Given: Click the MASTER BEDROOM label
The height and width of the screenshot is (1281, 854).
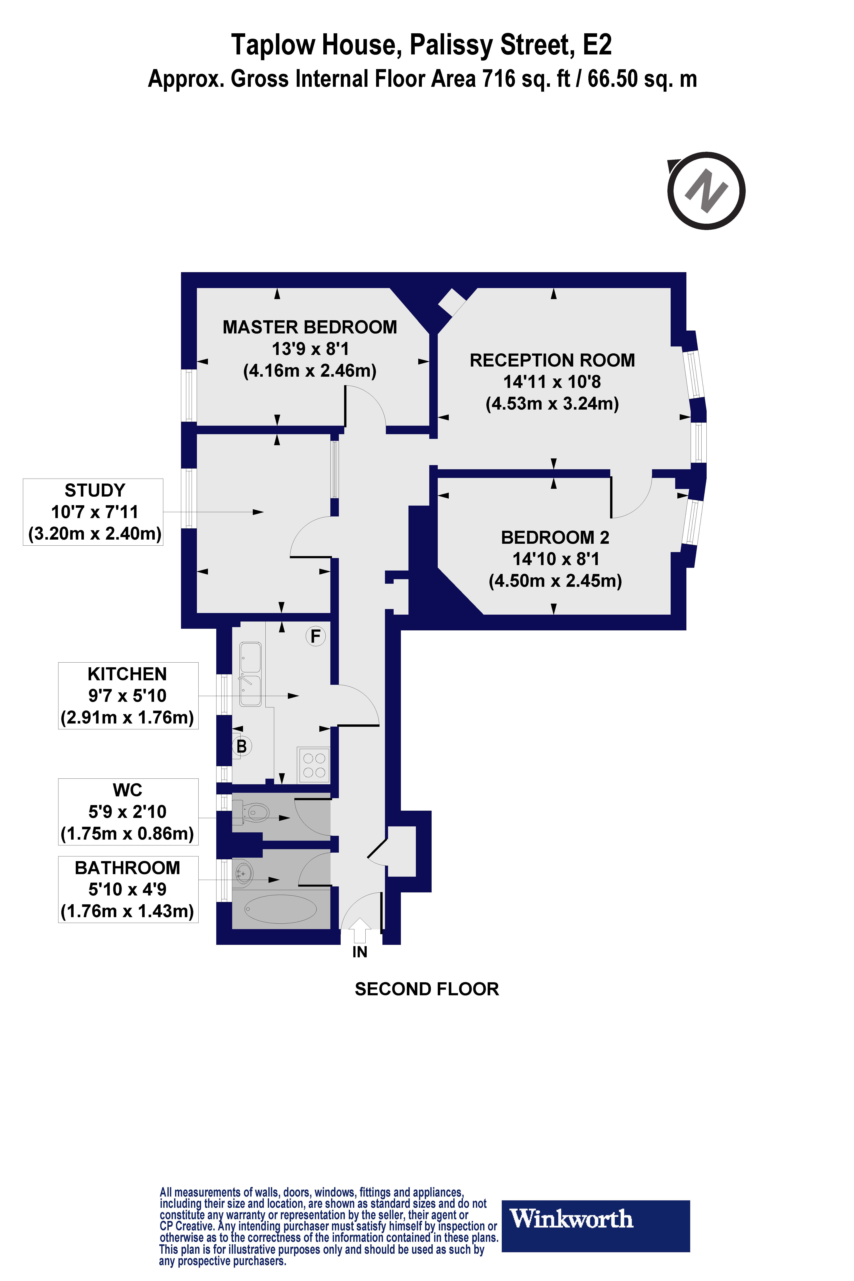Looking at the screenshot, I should pyautogui.click(x=309, y=327).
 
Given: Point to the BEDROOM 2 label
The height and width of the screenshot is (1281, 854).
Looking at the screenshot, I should pyautogui.click(x=554, y=538).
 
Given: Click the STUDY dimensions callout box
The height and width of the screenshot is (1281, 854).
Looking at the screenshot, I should pyautogui.click(x=93, y=512).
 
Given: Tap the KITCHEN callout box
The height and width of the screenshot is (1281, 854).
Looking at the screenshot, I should pyautogui.click(x=128, y=695).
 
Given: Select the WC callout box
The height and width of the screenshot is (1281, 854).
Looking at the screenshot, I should pyautogui.click(x=128, y=812).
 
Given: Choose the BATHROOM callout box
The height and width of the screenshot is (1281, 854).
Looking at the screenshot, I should pyautogui.click(x=128, y=889).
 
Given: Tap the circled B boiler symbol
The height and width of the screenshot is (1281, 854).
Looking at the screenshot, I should pyautogui.click(x=241, y=746).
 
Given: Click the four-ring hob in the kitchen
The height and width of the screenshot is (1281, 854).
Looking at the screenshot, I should pyautogui.click(x=314, y=765).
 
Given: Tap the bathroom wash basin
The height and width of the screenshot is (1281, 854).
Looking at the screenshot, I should pyautogui.click(x=244, y=874).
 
